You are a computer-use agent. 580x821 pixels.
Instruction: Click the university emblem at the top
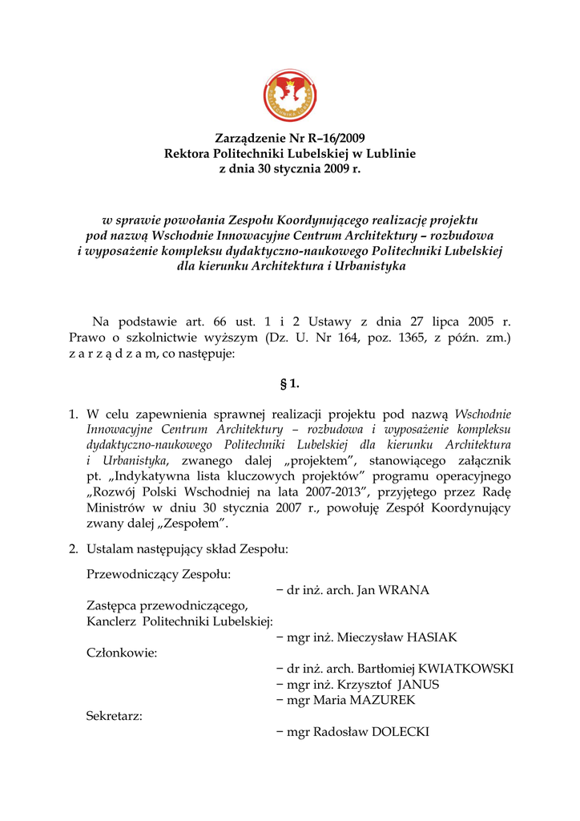coord(290,95)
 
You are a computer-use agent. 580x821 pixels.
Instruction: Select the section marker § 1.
coord(290,383)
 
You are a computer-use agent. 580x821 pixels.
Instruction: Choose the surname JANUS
coord(418,685)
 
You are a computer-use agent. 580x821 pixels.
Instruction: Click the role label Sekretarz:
coord(115,716)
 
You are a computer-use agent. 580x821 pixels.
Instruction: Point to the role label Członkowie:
coord(122,653)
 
